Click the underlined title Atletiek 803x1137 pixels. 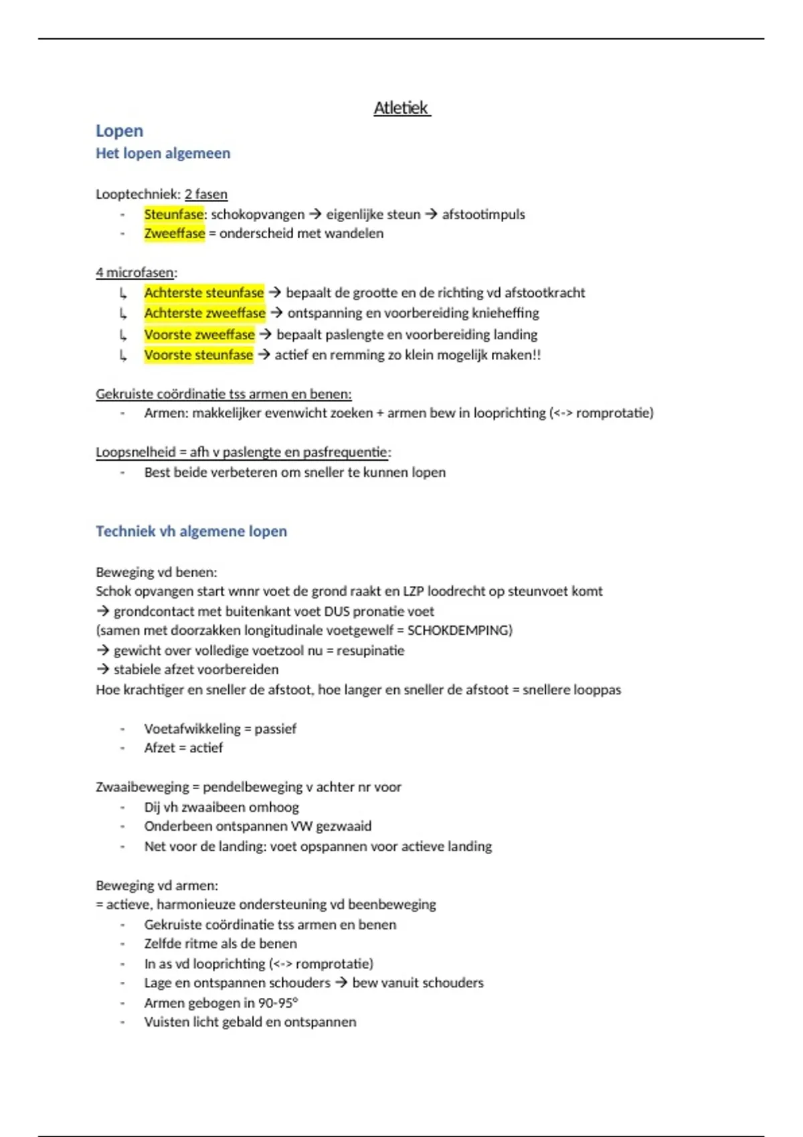[x=401, y=108]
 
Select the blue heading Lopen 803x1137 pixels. [x=119, y=131]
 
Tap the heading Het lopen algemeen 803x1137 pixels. [x=163, y=153]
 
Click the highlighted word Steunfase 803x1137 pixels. [x=173, y=215]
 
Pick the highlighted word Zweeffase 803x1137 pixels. [x=174, y=233]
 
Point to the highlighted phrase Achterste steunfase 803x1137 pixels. [x=203, y=293]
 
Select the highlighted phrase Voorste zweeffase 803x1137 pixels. [x=199, y=334]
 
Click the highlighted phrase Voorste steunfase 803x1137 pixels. [x=198, y=355]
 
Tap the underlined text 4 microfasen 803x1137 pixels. [x=135, y=273]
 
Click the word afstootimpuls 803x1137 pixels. [x=483, y=215]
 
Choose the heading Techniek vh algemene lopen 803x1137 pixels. [x=191, y=532]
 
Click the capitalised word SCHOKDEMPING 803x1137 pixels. [x=459, y=631]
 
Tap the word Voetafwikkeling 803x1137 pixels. [x=192, y=729]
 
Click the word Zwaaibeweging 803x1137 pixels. [x=142, y=787]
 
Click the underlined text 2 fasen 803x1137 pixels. [x=206, y=195]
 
